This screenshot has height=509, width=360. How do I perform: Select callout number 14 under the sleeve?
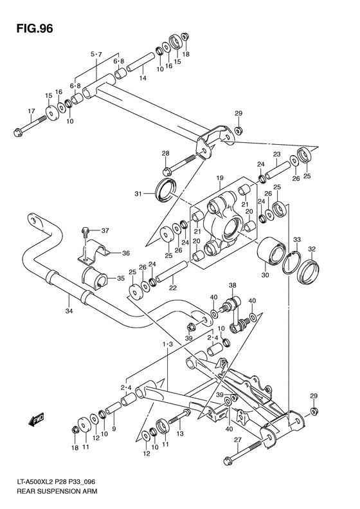click(143, 78)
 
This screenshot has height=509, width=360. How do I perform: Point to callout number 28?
click(165, 153)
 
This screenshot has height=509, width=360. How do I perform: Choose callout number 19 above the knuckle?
click(219, 178)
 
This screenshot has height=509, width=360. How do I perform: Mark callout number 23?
click(277, 154)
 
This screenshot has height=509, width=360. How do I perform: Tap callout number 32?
click(312, 249)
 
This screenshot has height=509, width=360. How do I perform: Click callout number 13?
click(181, 434)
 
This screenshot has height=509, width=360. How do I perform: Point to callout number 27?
click(237, 440)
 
